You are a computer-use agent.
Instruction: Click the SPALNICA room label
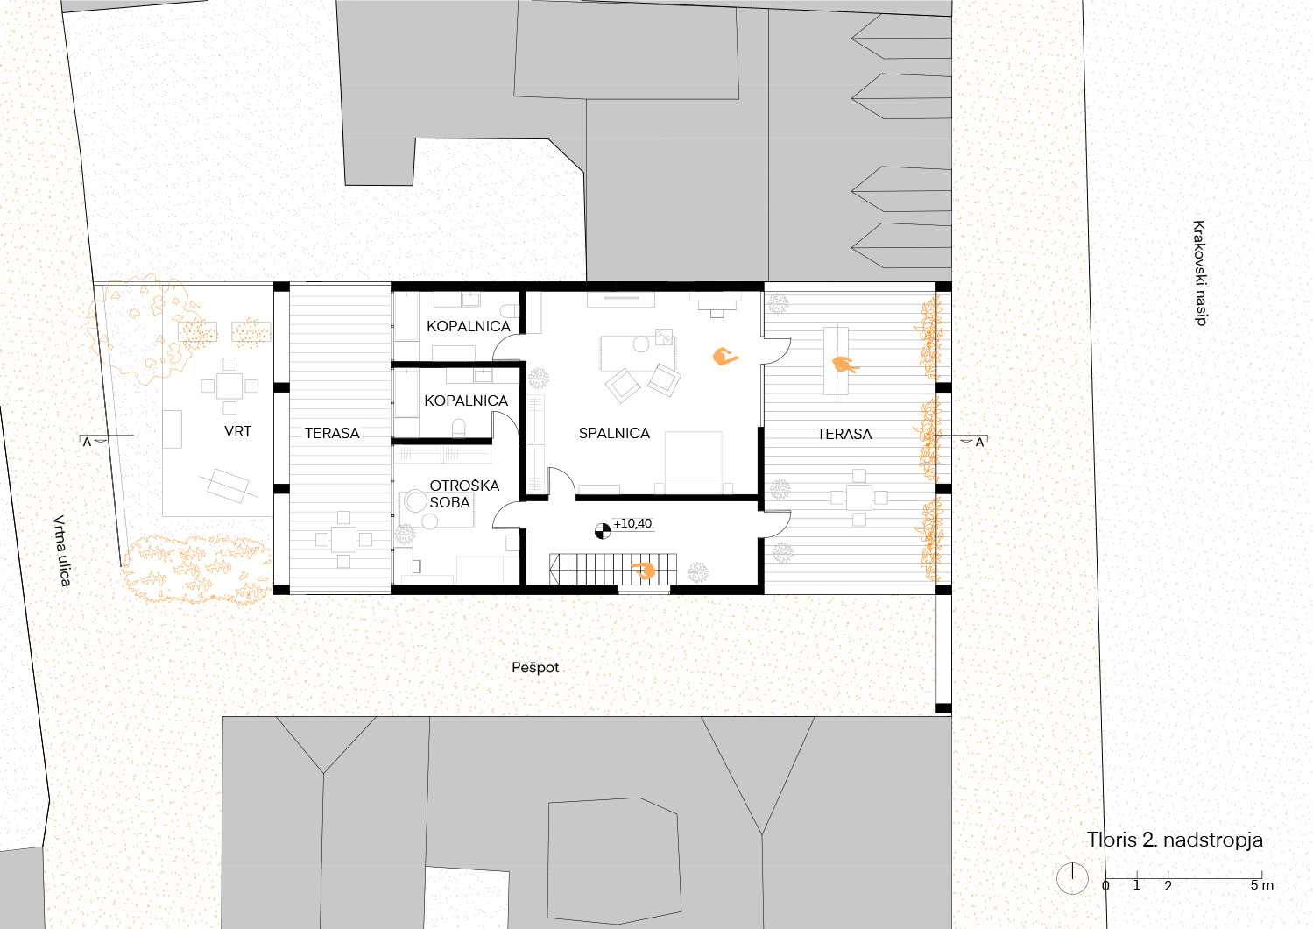coord(614,434)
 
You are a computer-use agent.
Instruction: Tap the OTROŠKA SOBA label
coord(463,493)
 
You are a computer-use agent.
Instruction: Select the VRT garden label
coord(237,432)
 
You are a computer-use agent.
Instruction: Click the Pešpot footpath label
coord(535,668)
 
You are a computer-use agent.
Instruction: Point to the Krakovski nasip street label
coord(1199,273)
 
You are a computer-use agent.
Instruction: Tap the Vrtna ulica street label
coord(62,550)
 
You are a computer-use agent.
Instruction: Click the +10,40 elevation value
coord(632,524)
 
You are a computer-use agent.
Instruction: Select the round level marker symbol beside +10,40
coord(603,531)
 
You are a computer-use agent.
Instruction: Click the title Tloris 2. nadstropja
coord(1175,840)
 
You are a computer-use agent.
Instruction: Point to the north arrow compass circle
coord(1072,878)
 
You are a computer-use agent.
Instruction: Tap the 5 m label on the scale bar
coord(1261,885)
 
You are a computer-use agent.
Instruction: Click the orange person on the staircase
coord(644,570)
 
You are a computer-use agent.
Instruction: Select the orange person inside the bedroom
coord(724,356)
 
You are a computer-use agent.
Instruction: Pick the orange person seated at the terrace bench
coord(844,365)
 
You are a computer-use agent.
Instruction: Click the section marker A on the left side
coord(88,443)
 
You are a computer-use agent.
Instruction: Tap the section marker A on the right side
coord(979,443)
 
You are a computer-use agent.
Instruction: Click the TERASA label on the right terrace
coord(844,434)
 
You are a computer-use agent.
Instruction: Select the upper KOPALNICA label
coord(469,326)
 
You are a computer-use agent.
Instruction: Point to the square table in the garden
coord(229,386)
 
